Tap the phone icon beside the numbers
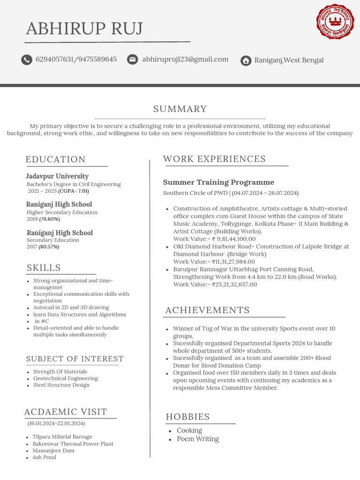27,60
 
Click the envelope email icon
133,60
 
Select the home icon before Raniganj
245,60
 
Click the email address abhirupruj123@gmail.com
185,60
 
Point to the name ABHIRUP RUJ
84,29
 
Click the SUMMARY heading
180,109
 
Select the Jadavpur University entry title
57,176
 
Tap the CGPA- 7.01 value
74,191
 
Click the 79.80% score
50,219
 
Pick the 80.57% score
49,247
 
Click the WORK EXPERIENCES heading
214,159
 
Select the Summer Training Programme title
218,182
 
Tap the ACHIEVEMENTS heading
207,310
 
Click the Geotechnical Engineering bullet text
66,378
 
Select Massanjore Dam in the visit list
53,450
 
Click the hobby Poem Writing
198,439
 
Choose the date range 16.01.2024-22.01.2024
56,423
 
